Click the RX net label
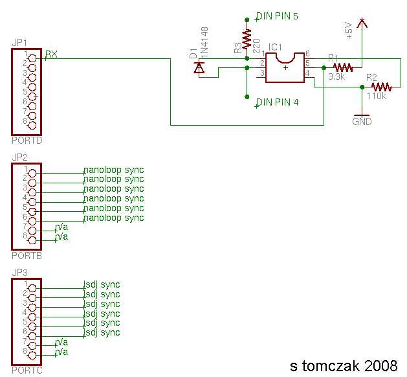pyautogui.click(x=51, y=54)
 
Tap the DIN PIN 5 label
pyautogui.click(x=277, y=16)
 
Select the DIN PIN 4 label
pyautogui.click(x=277, y=102)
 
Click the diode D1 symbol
pyautogui.click(x=199, y=68)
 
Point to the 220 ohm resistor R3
pyautogui.click(x=247, y=39)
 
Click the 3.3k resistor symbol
pyautogui.click(x=343, y=67)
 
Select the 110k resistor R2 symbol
pyautogui.click(x=381, y=87)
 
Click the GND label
pyautogui.click(x=362, y=122)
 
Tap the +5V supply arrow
pyautogui.click(x=362, y=23)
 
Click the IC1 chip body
pyautogui.click(x=285, y=68)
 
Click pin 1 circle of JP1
pyautogui.click(x=32, y=58)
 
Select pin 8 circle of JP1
pyautogui.click(x=32, y=126)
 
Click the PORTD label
pyautogui.click(x=27, y=141)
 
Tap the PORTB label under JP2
pyautogui.click(x=27, y=256)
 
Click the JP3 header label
pyautogui.click(x=19, y=273)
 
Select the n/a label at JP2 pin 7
pyautogui.click(x=61, y=227)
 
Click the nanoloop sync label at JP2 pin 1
pyautogui.click(x=114, y=170)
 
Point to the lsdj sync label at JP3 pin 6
pyautogui.click(x=102, y=332)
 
